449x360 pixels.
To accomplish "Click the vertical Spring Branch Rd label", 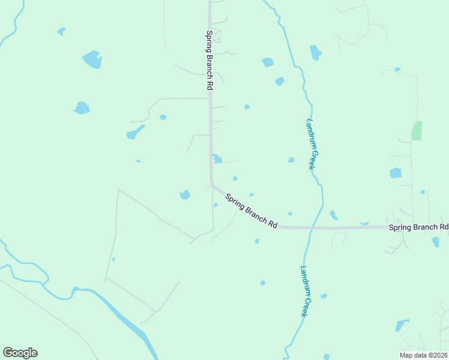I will pyautogui.click(x=209, y=60).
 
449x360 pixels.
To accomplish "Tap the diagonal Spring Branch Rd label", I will pyautogui.click(x=252, y=210).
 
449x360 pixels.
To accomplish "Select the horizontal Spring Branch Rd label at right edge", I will pyautogui.click(x=418, y=227).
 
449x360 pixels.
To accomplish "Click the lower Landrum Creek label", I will pyautogui.click(x=305, y=291).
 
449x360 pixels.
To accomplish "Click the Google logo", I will pyautogui.click(x=20, y=353).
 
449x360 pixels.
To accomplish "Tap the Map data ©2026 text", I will pyautogui.click(x=424, y=355).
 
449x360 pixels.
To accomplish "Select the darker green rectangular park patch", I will pyautogui.click(x=417, y=131).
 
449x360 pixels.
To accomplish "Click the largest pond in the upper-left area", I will pyautogui.click(x=92, y=59).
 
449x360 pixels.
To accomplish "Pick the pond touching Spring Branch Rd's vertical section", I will pyautogui.click(x=217, y=159).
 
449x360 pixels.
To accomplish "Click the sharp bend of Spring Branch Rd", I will pyautogui.click(x=212, y=184).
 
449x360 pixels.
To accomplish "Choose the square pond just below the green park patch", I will pyautogui.click(x=396, y=173).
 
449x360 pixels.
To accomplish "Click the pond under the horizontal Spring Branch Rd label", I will pyautogui.click(x=435, y=242).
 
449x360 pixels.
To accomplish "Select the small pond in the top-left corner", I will pyautogui.click(x=61, y=31).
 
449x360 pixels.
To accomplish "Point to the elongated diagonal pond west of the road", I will pyautogui.click(x=135, y=133).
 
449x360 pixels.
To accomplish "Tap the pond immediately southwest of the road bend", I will pyautogui.click(x=185, y=194).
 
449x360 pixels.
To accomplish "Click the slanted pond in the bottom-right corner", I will pyautogui.click(x=401, y=326).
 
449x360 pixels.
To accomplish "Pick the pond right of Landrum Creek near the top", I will pyautogui.click(x=315, y=53).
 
